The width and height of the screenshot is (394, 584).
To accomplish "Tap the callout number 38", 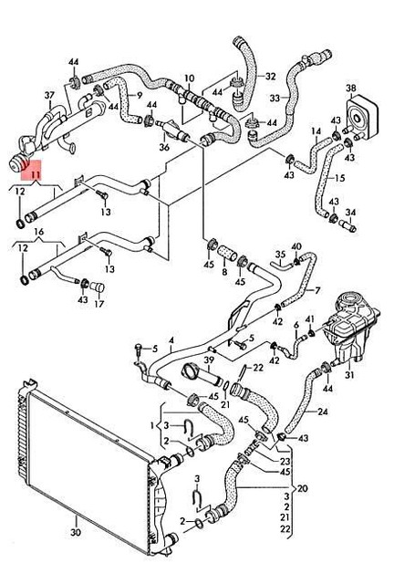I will (x=350, y=89).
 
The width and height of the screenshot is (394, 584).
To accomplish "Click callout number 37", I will (x=49, y=95).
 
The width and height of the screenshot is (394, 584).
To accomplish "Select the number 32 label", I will (x=270, y=75).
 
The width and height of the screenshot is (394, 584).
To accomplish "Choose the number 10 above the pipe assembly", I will (x=189, y=78).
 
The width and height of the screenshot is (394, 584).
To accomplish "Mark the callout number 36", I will (x=164, y=146).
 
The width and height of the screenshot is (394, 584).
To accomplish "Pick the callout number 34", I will (x=352, y=214).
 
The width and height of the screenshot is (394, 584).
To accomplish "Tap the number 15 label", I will (x=340, y=177).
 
